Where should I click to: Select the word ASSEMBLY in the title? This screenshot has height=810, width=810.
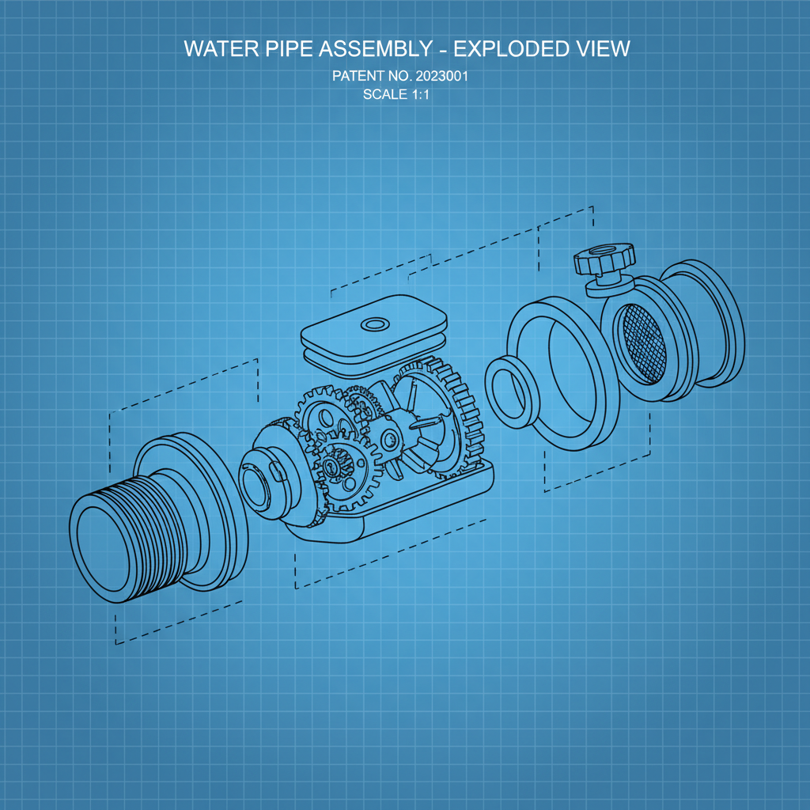pos(375,49)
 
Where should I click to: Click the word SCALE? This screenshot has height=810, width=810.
pos(383,95)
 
